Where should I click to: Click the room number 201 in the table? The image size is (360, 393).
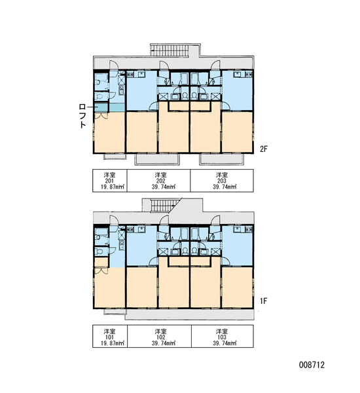[x=109, y=181]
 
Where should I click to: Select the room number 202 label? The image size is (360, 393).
[x=160, y=181]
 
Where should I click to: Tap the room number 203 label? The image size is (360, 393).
[x=222, y=181]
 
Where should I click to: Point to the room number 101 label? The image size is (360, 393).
[x=109, y=337]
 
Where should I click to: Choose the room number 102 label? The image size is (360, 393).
[x=160, y=337]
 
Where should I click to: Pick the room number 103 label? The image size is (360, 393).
[x=222, y=337]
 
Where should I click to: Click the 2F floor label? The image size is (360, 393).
[x=264, y=149]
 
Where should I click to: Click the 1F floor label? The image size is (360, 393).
[x=264, y=301]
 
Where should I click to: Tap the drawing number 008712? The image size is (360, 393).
[x=312, y=365]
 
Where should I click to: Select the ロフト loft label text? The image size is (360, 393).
[x=82, y=116]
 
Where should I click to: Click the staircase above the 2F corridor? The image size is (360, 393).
[x=170, y=50]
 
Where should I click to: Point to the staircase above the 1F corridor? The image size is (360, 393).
[x=165, y=206]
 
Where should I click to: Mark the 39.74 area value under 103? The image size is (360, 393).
[x=222, y=343]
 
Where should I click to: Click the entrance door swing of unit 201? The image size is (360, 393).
[x=113, y=65]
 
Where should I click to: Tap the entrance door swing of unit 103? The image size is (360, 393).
[x=216, y=220]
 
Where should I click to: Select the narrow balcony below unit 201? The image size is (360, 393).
[x=115, y=156]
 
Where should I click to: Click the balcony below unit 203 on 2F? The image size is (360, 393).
[x=221, y=159]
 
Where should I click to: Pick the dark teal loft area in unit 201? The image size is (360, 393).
[x=101, y=107]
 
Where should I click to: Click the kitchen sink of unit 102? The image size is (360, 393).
[x=141, y=229]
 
